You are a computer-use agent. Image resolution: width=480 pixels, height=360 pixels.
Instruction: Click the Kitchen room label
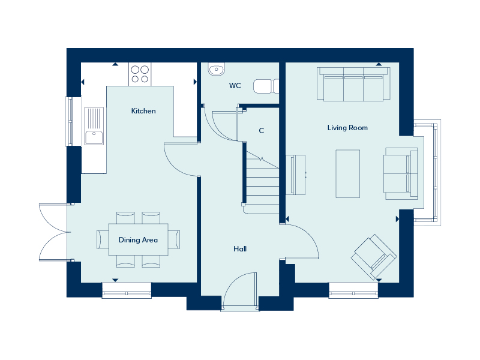(143, 111)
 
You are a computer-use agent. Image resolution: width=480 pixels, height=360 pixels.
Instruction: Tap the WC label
(235, 86)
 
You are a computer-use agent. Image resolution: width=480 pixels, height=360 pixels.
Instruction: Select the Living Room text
(347, 128)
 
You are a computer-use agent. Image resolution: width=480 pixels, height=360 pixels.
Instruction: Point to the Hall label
(240, 249)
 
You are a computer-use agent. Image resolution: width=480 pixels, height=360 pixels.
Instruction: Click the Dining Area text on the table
(138, 239)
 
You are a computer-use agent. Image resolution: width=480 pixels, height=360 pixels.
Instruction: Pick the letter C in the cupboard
(261, 131)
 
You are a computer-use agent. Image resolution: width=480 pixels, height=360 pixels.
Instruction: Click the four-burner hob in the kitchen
(140, 74)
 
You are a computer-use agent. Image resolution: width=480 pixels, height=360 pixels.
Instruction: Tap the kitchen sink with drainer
(94, 126)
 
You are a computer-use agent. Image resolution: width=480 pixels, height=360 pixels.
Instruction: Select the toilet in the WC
(266, 86)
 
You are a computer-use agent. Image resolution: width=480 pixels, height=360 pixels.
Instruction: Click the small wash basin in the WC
(217, 69)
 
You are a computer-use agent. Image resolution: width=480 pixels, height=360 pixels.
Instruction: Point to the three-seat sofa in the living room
(353, 84)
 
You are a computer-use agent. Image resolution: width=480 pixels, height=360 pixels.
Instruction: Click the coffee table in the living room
(348, 173)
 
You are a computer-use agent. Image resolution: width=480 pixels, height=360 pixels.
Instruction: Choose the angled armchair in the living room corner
(374, 257)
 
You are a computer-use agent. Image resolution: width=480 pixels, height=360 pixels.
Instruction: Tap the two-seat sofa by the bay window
(400, 173)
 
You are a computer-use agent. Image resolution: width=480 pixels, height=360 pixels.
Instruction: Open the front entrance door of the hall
(240, 291)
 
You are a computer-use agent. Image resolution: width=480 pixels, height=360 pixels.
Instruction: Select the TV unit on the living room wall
(296, 175)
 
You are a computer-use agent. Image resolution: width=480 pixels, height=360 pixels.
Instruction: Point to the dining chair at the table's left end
(102, 239)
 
